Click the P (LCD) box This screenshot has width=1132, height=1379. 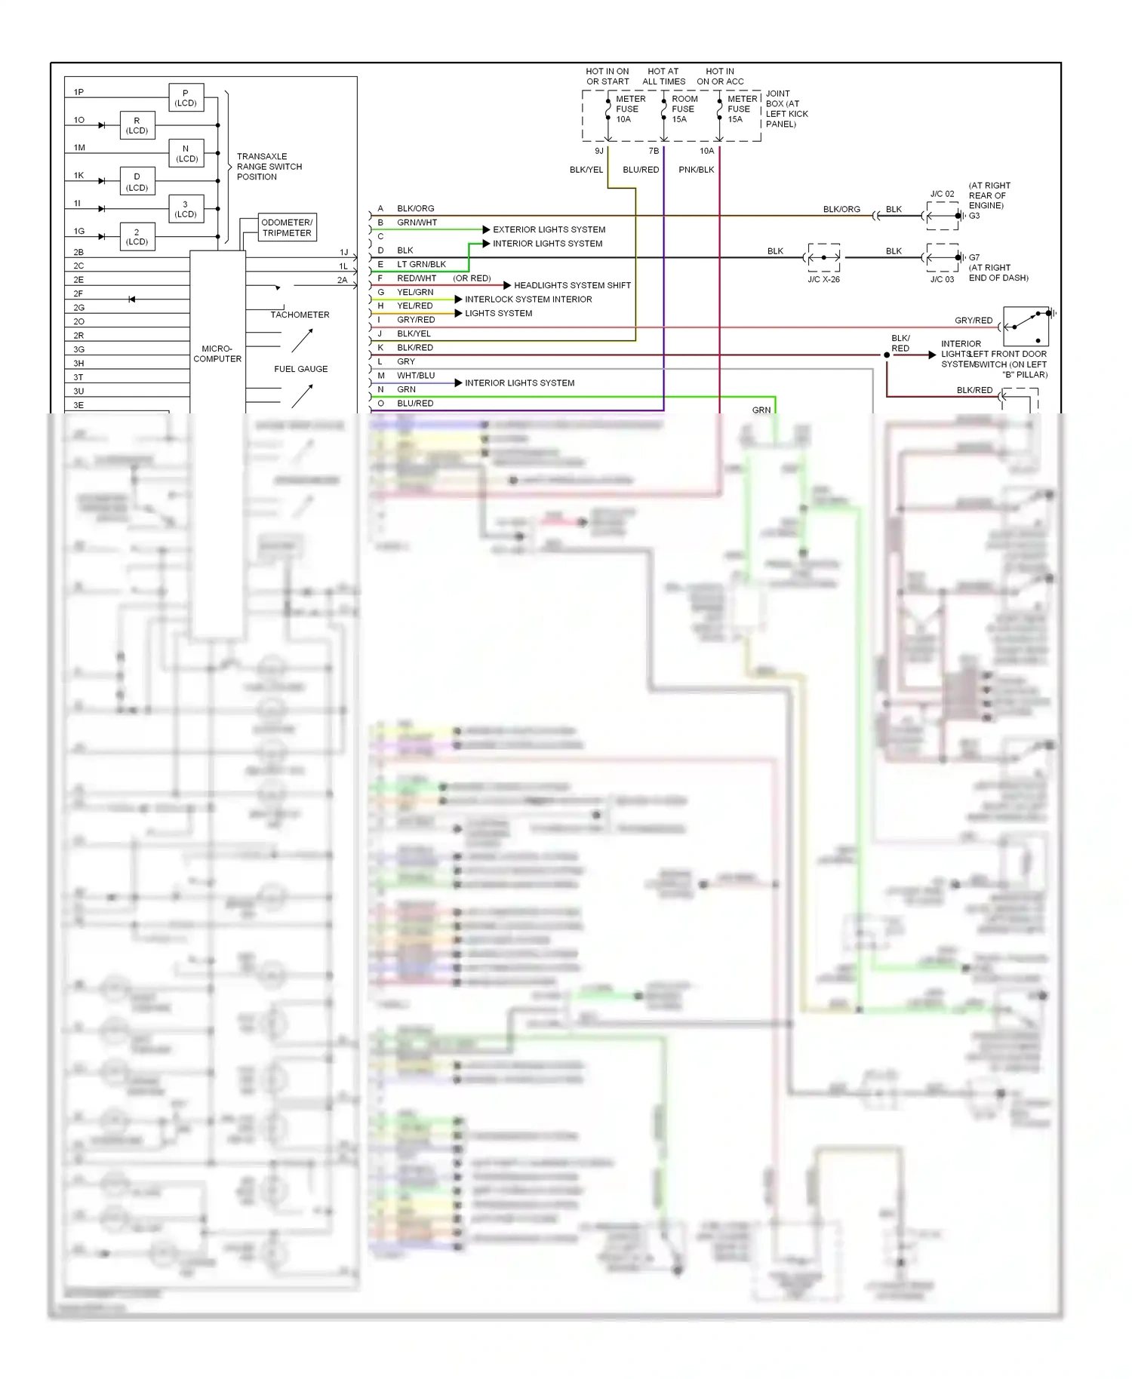tap(186, 98)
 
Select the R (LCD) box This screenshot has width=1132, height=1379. tap(137, 125)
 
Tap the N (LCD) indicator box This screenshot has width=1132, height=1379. tap(186, 153)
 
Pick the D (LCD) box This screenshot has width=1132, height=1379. tap(137, 182)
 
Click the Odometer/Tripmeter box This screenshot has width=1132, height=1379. tap(287, 227)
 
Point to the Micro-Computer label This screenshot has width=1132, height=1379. tap(217, 354)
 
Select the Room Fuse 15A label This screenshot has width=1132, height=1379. tap(684, 109)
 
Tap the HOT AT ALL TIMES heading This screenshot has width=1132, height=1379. tap(663, 76)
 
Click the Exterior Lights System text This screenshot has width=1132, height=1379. tap(549, 229)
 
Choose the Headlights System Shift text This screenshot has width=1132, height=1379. tap(572, 285)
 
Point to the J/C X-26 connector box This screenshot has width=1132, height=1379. tap(823, 258)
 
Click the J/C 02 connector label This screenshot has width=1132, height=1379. tap(942, 194)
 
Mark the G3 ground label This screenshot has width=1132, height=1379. tap(974, 216)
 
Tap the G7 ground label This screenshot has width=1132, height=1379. tap(974, 257)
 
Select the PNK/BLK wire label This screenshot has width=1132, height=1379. tap(696, 170)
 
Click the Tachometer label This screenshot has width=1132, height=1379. tap(300, 315)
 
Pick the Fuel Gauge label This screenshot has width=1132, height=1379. tap(300, 369)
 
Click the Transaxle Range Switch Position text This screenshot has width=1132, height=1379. tap(269, 167)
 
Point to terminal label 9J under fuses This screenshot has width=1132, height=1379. tap(599, 151)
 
